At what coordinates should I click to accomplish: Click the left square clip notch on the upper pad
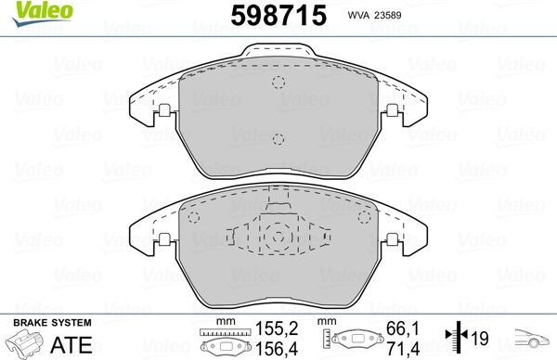(x=163, y=112)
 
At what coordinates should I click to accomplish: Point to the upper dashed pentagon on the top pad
(x=278, y=81)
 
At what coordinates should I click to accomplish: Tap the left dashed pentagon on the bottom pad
(x=195, y=219)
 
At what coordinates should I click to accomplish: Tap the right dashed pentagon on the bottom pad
(x=360, y=219)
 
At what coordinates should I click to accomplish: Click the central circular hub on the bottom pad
(x=277, y=238)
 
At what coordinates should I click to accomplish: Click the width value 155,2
(x=276, y=328)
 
